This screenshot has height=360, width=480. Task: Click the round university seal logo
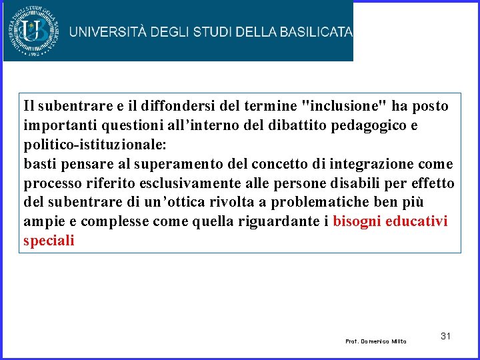33,31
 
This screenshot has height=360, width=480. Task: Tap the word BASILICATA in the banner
315,32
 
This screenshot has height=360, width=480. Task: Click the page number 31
446,336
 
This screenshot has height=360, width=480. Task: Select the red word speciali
49,241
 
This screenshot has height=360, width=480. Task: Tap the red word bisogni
357,222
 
